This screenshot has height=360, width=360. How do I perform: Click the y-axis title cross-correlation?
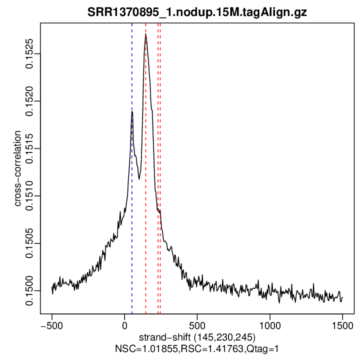[18, 168]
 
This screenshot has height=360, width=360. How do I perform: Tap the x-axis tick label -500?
[51, 324]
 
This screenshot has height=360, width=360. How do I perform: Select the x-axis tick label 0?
[124, 324]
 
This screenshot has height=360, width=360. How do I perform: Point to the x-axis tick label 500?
[197, 324]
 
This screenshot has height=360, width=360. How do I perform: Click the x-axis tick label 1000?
[269, 324]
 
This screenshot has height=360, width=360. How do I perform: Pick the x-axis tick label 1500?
[342, 324]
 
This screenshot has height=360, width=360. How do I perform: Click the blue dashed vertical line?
[132, 210]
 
